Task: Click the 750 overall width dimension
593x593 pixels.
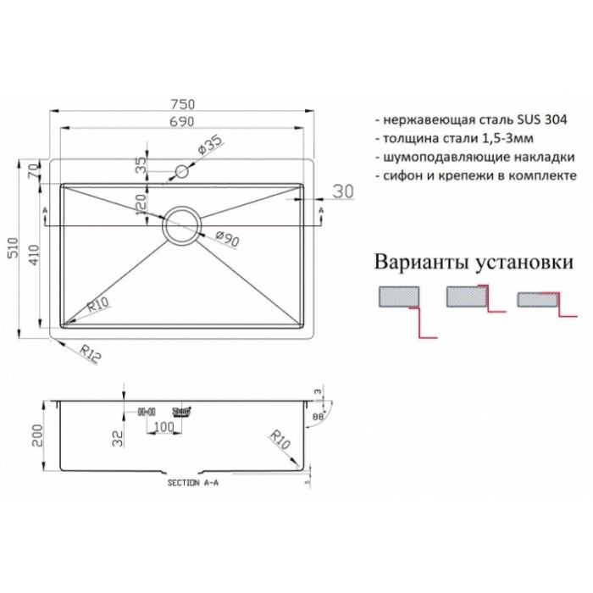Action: [184, 104]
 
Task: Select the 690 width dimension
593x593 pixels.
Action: [184, 123]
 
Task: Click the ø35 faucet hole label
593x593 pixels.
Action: [208, 146]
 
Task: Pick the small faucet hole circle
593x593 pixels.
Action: [180, 172]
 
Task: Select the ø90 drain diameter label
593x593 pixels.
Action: [227, 239]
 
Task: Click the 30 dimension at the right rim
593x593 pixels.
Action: [342, 192]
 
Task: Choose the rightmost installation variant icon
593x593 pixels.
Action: [535, 300]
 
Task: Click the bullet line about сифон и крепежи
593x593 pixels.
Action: [474, 175]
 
